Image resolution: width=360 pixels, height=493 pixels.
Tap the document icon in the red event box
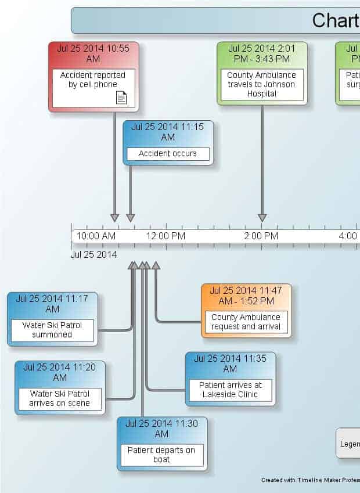tap(121, 98)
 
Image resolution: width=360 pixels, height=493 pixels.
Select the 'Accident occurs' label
tap(167, 154)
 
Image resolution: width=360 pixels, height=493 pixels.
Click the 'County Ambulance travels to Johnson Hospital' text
tap(261, 84)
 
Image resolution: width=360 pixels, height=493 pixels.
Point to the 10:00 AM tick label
tap(96, 236)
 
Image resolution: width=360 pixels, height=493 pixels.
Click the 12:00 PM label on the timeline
tap(166, 236)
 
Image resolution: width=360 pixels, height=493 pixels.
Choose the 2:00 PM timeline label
tap(261, 236)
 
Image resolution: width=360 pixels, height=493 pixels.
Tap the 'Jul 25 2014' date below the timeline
tap(93, 254)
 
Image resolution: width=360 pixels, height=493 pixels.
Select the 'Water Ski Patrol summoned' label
tap(52, 330)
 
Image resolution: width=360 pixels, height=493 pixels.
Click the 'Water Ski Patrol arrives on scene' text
tap(60, 398)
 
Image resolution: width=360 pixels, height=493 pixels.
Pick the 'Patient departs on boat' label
tap(161, 455)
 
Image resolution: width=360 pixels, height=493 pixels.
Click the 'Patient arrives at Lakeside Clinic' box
tap(230, 390)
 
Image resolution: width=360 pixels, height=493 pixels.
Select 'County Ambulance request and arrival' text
tap(246, 322)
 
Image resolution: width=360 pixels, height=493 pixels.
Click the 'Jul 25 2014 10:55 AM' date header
tap(93, 53)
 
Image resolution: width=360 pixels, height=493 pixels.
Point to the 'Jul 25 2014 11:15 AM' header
tap(167, 132)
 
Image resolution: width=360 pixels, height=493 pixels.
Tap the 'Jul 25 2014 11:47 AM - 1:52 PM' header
tap(246, 296)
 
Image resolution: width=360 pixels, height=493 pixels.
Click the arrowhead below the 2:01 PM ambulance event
tap(262, 218)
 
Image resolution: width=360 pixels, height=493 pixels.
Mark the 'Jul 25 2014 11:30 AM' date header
tap(161, 429)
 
